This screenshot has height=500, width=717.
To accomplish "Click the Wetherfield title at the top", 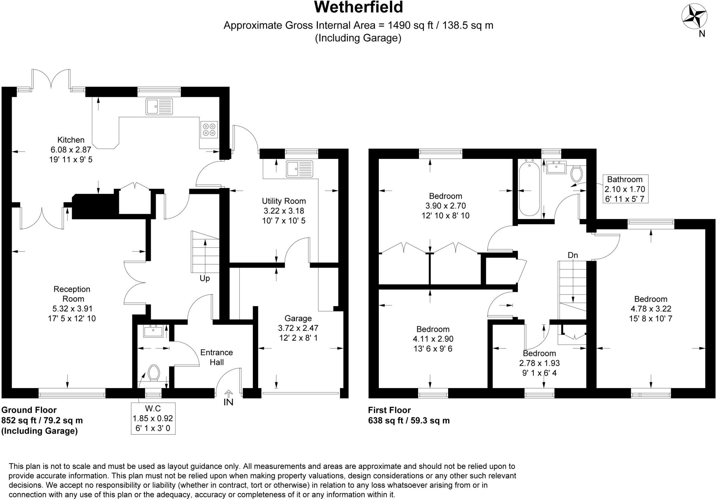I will pos(358,8).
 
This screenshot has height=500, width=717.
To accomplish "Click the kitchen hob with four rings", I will pos(209,129).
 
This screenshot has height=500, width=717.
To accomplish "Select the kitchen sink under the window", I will pos(159,106).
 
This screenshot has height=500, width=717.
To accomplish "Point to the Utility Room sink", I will pos(299,169).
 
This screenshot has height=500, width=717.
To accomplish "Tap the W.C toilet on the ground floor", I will pos(153,373).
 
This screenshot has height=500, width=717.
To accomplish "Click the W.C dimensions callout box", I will pos(153,418).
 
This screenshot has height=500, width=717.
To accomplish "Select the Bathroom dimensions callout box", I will pos(625,189).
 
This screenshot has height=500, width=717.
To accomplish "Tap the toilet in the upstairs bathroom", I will pos(576,174).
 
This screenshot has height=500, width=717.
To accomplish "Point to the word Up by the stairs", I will pos(204,279).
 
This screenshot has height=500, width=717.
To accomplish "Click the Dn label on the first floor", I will pos(573,255).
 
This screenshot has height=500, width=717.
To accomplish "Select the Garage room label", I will pos(298,318).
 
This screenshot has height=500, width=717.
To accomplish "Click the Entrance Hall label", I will pos(217,357).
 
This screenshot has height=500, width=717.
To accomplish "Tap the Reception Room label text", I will pos(72,294).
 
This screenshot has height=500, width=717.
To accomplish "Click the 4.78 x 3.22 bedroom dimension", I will pos(651,309).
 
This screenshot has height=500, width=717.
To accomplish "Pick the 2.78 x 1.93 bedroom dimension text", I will pos(539,363).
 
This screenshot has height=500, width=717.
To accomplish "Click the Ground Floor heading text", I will pos(29,410).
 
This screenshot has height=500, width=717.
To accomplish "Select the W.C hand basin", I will pos(153,331).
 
